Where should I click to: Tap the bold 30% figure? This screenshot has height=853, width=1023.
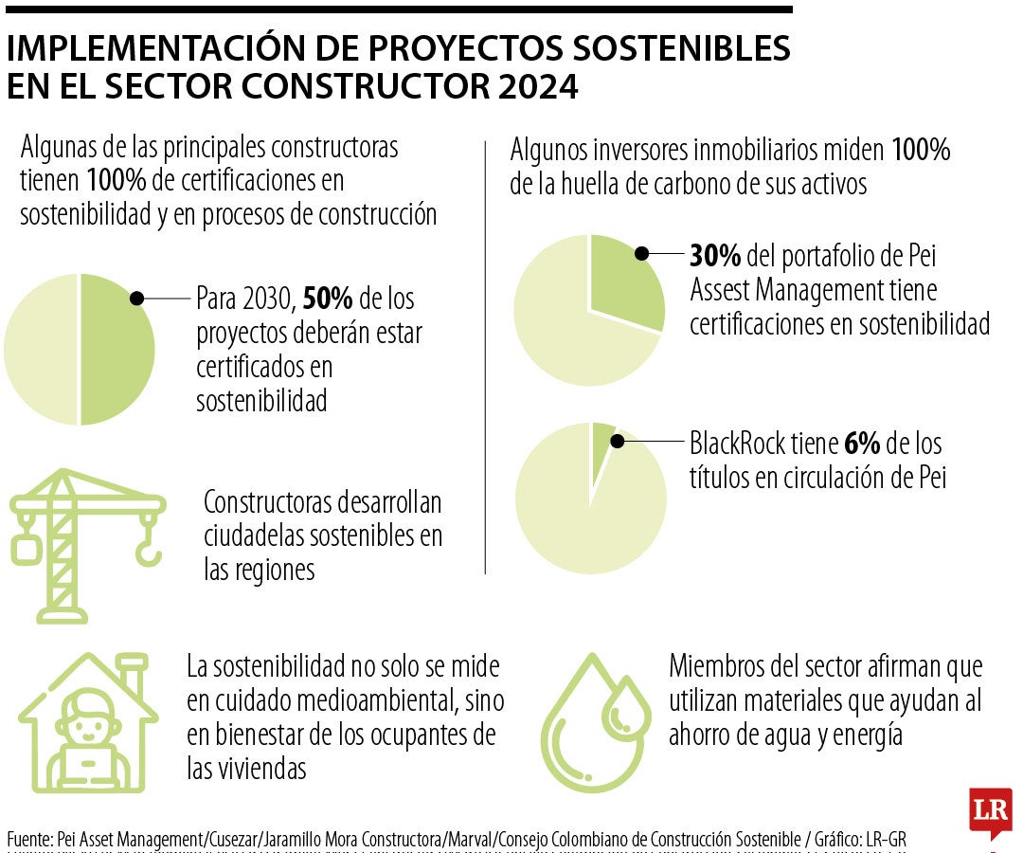click(x=715, y=256)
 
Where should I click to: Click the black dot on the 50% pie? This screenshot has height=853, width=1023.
click(x=136, y=298)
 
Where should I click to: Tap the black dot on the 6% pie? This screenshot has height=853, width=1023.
click(x=618, y=441)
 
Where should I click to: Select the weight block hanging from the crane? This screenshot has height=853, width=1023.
click(x=25, y=548)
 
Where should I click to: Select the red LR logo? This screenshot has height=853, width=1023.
click(x=990, y=810)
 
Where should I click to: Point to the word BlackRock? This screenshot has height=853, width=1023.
click(x=736, y=444)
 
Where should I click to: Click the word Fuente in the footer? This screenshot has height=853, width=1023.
click(x=28, y=839)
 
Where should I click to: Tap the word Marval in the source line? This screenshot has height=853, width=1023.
click(x=470, y=839)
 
